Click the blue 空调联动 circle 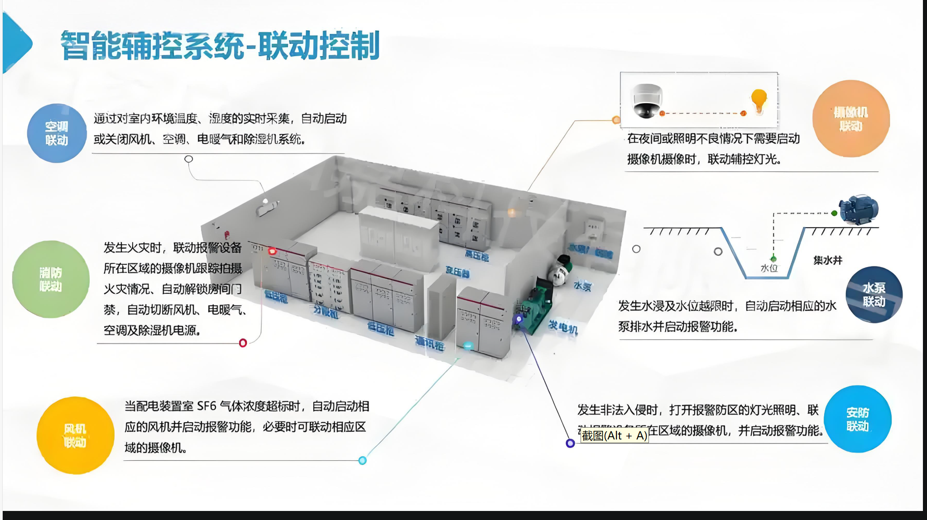[57, 133]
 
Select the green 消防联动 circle [51, 279]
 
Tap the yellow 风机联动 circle [75, 435]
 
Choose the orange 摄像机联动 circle [851, 119]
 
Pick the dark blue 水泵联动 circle [874, 295]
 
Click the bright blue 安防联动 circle [857, 419]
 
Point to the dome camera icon [647, 100]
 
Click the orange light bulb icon [759, 101]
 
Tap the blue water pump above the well [858, 210]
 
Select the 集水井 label [828, 260]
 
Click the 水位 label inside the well [769, 268]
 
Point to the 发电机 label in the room [563, 326]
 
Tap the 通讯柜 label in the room [429, 344]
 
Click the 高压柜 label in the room [476, 256]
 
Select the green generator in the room [537, 303]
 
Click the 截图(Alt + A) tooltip [614, 435]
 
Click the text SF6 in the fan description [207, 406]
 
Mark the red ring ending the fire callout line [243, 343]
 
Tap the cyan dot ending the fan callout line [362, 461]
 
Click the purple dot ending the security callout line [570, 444]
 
